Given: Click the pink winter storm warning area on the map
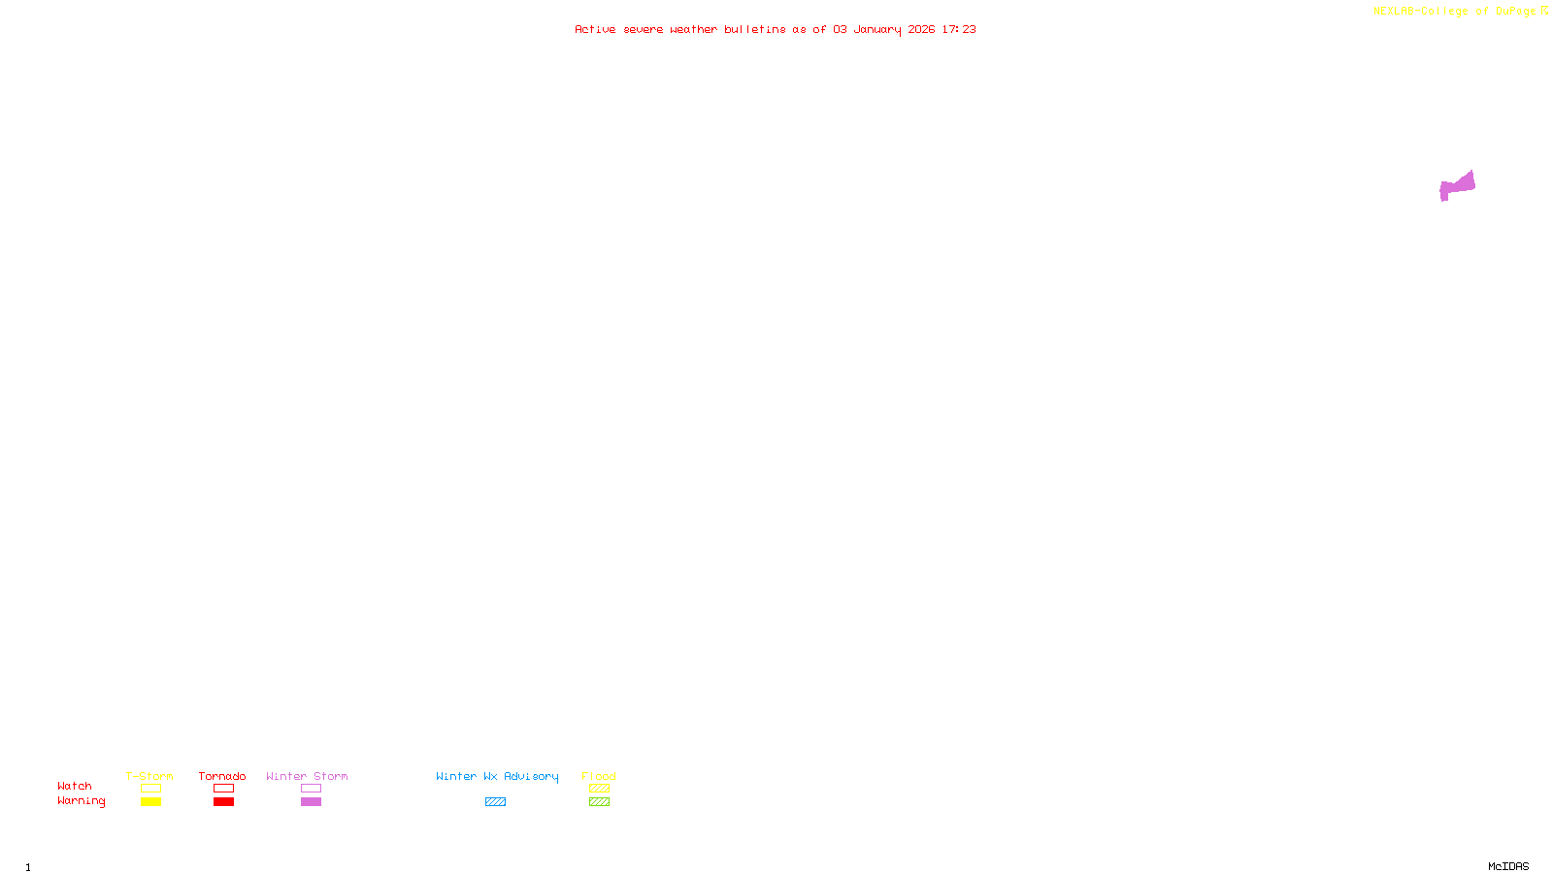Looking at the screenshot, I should [x=1457, y=185].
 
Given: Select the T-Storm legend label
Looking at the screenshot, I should [x=149, y=776].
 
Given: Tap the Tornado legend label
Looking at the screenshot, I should [x=222, y=776].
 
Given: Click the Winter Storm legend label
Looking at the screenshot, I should [x=307, y=776].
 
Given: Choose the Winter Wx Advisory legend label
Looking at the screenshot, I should [x=497, y=776].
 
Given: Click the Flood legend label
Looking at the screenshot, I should [x=599, y=776].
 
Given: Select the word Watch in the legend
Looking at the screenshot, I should [x=75, y=786].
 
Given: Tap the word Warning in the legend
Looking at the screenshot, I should [x=82, y=801].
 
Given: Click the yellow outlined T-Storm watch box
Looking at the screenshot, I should [x=150, y=789].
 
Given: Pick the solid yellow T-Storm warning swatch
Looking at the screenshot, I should [x=150, y=802].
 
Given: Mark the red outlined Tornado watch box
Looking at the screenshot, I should [x=223, y=789].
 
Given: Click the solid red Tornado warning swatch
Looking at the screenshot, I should [x=223, y=802].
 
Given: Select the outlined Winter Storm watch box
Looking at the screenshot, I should [x=311, y=789].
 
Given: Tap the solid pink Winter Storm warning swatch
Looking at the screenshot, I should [x=311, y=802].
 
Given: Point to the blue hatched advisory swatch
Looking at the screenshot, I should [x=495, y=802].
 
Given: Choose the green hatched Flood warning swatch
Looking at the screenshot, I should [x=599, y=802].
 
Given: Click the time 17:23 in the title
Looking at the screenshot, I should [x=959, y=29].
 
